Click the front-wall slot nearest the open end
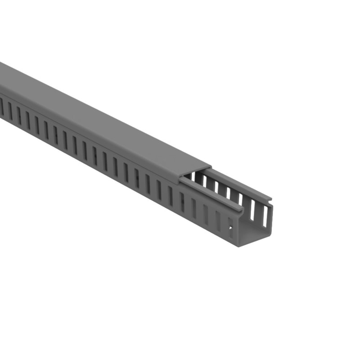click(230, 227)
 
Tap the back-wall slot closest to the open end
click(265, 216)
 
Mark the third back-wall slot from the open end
click(240, 199)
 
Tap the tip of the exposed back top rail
click(271, 198)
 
